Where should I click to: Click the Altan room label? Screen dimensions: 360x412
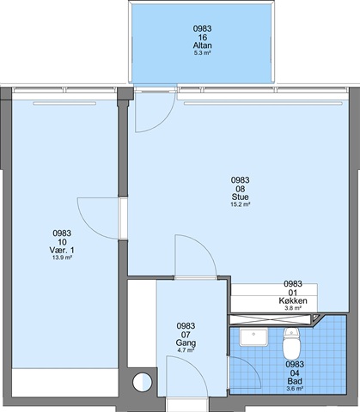point(202,45)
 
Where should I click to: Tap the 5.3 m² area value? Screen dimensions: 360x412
point(202,53)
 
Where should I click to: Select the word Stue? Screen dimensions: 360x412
point(240,197)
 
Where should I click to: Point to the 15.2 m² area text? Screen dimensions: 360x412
point(241,204)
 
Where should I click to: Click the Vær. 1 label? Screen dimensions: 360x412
point(62,250)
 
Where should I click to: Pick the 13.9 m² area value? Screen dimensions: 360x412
point(62,257)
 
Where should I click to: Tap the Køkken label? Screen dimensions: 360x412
point(293,300)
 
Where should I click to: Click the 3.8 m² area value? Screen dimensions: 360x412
point(293,308)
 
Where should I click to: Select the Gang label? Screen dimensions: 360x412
point(186,342)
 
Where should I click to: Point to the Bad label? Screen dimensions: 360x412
point(295,381)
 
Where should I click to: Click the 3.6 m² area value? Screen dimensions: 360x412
point(295,389)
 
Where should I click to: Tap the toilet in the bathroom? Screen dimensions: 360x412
point(291,343)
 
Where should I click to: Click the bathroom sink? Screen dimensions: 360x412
point(253,337)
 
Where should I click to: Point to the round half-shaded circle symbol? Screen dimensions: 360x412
point(143,383)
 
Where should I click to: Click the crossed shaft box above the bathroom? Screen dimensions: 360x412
point(270,319)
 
